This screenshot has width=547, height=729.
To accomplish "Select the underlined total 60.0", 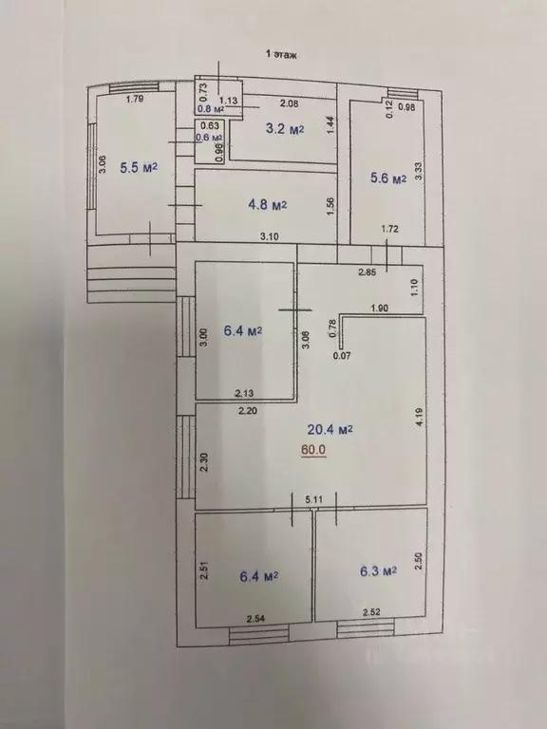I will point(313,450).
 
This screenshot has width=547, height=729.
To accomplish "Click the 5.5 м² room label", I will point(138,168).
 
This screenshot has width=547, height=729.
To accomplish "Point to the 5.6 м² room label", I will point(387,178).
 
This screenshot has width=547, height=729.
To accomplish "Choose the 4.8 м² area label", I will point(268,203).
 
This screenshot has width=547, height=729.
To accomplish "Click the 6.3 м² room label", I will point(377,572).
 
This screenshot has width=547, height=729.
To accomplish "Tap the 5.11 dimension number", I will point(314,498).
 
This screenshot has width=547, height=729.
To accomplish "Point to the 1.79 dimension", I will point(134,98).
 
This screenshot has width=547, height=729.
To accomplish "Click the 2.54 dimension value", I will point(255,620).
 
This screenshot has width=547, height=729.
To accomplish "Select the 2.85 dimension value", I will point(367,272).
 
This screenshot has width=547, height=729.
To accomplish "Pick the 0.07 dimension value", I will point(342,357).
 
